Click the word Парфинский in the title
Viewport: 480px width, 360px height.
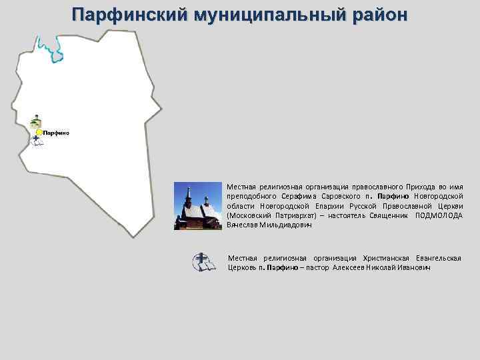pyautogui.click(x=129, y=14)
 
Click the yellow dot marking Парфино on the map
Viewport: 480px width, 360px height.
pyautogui.click(x=39, y=133)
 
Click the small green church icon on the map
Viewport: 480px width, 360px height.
pyautogui.click(x=35, y=121)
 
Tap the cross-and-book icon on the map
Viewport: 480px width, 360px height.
pyautogui.click(x=37, y=141)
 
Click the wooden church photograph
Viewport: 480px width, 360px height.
pyautogui.click(x=197, y=206)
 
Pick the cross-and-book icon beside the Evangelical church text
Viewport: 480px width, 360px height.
pyautogui.click(x=204, y=262)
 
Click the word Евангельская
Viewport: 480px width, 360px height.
pyautogui.click(x=438, y=257)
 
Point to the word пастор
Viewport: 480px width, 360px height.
pyautogui.click(x=320, y=267)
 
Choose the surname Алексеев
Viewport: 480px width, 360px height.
pyautogui.click(x=350, y=267)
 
